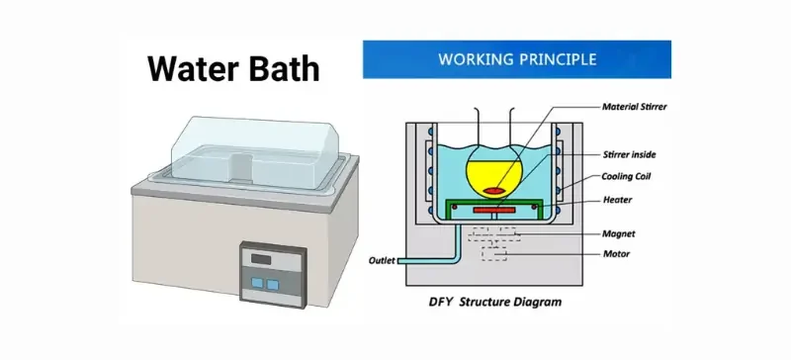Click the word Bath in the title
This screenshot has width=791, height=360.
[x=284, y=68]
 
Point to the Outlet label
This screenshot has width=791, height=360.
[x=383, y=261]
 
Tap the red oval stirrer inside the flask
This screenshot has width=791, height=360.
[x=496, y=189]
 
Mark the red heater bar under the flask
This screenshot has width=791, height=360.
[x=496, y=210]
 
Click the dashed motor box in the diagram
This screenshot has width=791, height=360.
[x=495, y=254]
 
